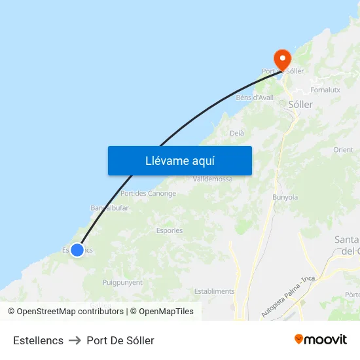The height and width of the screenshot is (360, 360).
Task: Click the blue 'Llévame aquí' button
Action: [x=180, y=160]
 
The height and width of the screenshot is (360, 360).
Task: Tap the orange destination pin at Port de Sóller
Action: [x=283, y=60]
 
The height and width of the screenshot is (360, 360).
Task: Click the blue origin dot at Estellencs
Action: [x=77, y=249]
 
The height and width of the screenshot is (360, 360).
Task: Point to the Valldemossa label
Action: [x=213, y=179]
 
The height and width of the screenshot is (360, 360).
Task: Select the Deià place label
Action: [x=237, y=134]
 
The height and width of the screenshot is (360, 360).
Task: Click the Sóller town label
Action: [x=300, y=104]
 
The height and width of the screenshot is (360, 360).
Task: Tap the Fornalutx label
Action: [x=325, y=90]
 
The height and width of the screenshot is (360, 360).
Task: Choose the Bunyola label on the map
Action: [x=285, y=197]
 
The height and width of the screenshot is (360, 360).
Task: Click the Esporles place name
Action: [x=170, y=230]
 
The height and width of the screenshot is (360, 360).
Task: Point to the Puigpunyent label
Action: [x=122, y=283]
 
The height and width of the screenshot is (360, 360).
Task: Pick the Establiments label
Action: [x=215, y=291]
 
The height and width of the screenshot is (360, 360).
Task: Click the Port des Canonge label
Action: [x=148, y=194]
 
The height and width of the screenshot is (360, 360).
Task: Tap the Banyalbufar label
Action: [x=110, y=208]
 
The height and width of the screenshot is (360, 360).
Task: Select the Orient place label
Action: [x=343, y=150]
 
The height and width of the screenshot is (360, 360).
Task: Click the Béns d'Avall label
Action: [x=255, y=98]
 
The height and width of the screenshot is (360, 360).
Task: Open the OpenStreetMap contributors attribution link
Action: [x=70, y=312]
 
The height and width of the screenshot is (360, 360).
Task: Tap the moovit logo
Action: [x=321, y=340]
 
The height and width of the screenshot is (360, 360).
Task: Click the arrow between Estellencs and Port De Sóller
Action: [x=75, y=340]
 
